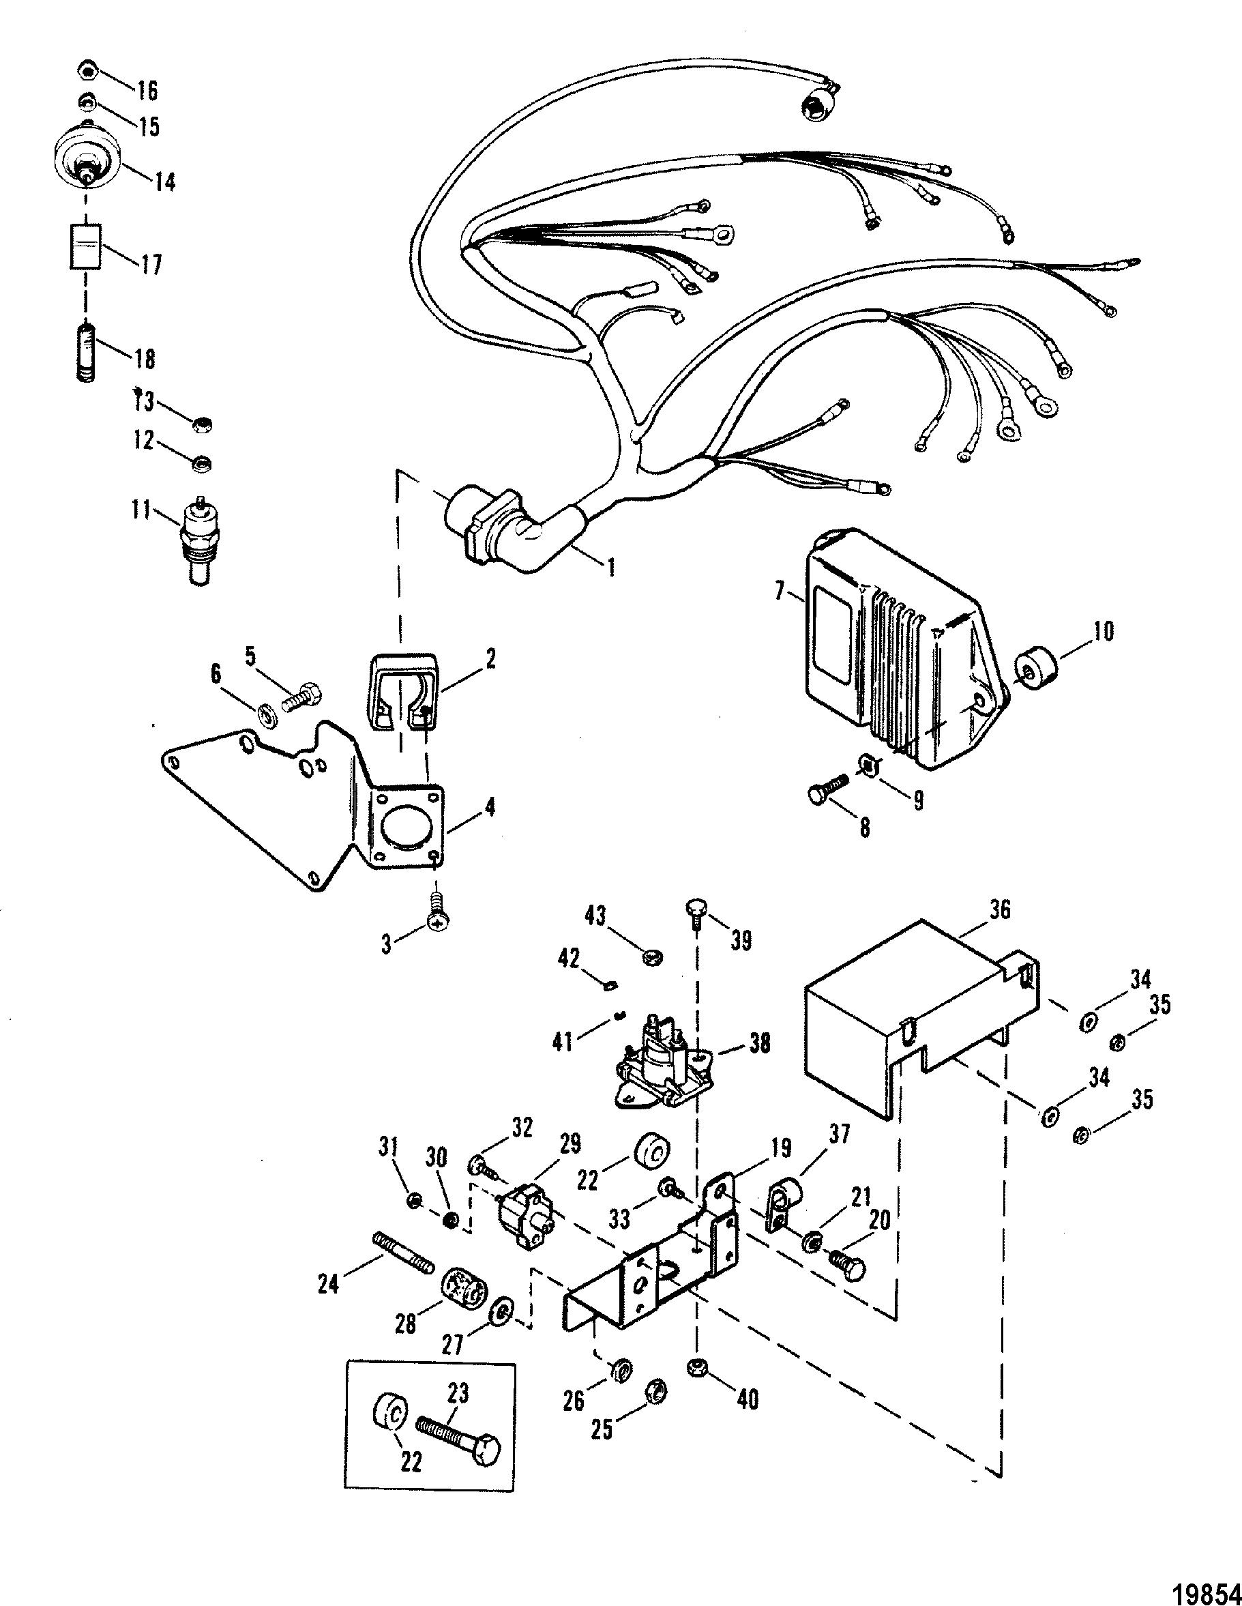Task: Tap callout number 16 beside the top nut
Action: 147,91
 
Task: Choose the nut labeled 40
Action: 697,1368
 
